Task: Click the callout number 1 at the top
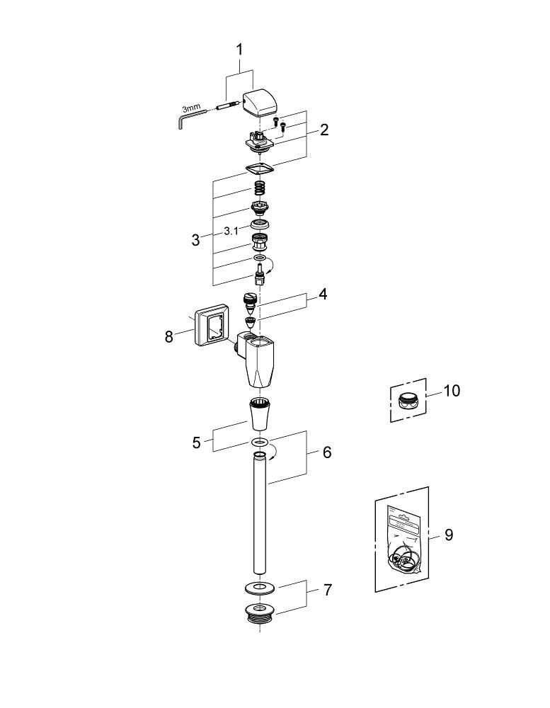point(239,50)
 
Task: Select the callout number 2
point(323,130)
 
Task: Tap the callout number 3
point(195,239)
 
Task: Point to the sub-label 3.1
point(231,231)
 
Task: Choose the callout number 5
point(196,443)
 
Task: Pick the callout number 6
point(326,452)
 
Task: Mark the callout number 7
point(326,590)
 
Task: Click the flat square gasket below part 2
point(259,169)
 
